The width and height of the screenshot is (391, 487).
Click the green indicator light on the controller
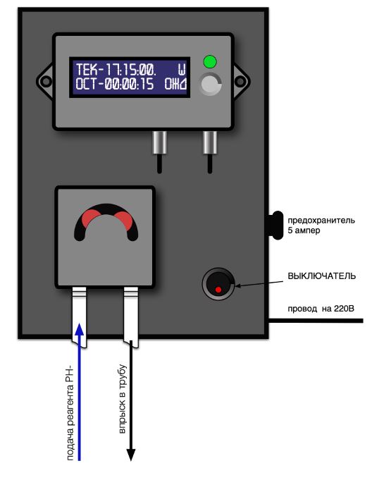[x=210, y=61]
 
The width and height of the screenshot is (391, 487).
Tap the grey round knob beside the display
[x=210, y=84]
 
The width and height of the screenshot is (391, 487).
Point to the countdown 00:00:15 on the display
[x=129, y=84]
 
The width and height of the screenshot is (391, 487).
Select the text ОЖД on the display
[x=175, y=84]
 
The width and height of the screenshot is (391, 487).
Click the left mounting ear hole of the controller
[x=46, y=82]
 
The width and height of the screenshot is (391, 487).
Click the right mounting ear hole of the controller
[x=240, y=82]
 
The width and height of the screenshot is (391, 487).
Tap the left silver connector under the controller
[x=160, y=142]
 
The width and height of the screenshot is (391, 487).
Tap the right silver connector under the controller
[x=210, y=142]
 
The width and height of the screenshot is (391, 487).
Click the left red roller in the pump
[x=91, y=218]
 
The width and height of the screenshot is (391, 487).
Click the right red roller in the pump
[x=123, y=220]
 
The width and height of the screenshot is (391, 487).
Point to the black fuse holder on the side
[x=275, y=225]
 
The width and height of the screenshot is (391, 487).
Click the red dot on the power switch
[x=218, y=290]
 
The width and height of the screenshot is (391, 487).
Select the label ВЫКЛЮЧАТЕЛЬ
[x=321, y=276]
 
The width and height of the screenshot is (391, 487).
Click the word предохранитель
[x=321, y=221]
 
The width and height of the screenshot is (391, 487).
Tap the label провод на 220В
[x=321, y=309]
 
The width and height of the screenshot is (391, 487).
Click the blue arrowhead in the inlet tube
[x=80, y=329]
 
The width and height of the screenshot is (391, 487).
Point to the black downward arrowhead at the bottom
[x=131, y=455]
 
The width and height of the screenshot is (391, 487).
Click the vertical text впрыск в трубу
[x=123, y=399]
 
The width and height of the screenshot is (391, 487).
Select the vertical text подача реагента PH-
[x=70, y=414]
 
